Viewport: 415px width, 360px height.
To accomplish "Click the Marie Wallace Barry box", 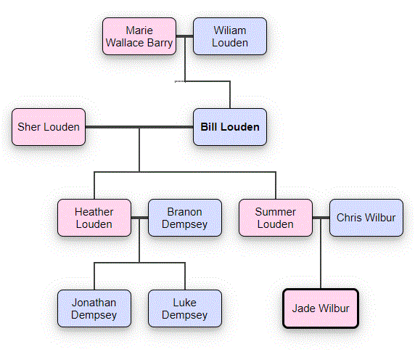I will coord(139,36).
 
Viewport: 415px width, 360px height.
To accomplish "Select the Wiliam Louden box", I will coord(230,36).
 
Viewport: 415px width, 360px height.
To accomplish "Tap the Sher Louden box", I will coord(49,127).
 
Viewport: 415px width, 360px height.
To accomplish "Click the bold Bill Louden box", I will coord(230,127).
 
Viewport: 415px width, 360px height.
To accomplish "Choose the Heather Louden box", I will coord(94,218).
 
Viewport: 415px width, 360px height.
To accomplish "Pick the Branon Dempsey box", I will coord(185,218).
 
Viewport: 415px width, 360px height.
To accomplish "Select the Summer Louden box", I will coord(276,218).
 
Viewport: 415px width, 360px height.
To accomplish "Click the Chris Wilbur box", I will coord(366,218).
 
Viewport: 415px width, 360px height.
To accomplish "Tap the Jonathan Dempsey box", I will coord(94,308).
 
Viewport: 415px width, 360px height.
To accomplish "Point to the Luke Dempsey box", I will coord(185,308).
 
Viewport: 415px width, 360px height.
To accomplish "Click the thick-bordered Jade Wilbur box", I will coord(321,308).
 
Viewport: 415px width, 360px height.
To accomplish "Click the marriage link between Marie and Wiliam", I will coord(184,36).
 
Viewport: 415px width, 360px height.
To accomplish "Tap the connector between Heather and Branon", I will coord(139,218).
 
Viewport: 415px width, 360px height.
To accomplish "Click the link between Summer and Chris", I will coord(321,218).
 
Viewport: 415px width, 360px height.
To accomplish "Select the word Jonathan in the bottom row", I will coord(94,302).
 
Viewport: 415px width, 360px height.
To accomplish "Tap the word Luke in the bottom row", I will coord(185,302).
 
